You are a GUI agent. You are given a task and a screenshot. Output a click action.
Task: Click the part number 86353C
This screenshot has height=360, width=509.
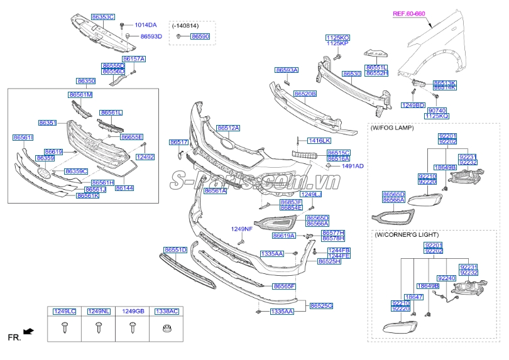click(102, 17)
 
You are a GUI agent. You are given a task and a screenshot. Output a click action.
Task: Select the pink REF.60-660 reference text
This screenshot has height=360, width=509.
click(409, 13)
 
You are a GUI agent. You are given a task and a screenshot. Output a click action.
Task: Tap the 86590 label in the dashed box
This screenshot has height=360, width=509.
click(199, 37)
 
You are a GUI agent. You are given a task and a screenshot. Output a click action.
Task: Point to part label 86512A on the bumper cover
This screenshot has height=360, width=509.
click(228, 128)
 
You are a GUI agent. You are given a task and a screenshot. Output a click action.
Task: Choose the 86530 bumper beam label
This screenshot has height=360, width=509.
click(351, 74)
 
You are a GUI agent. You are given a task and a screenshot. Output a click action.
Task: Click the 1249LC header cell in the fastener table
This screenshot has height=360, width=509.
click(64, 311)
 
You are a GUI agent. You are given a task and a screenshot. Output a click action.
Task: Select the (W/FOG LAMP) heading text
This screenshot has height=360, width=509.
click(392, 128)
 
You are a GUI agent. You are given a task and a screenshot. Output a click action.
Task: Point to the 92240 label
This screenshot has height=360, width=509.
click(446, 278)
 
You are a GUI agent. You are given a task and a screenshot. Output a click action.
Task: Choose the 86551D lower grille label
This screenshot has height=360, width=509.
click(175, 250)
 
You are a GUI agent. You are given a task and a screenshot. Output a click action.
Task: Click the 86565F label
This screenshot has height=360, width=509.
click(284, 286)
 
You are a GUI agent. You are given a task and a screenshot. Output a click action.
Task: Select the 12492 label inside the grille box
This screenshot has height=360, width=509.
click(145, 156)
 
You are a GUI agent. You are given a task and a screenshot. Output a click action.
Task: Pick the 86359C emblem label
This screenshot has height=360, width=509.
click(76, 172)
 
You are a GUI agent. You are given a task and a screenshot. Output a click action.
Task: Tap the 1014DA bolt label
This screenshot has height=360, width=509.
click(146, 25)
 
